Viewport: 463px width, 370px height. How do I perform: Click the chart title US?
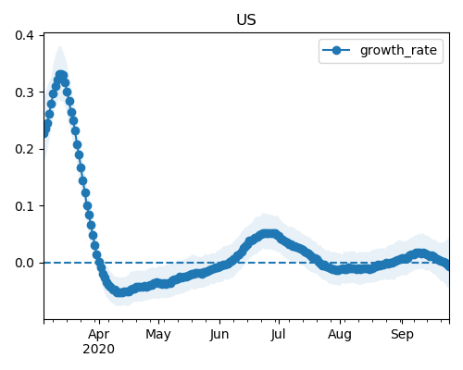pyautogui.click(x=246, y=19)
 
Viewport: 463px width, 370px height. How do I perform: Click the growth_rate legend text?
pyautogui.click(x=398, y=50)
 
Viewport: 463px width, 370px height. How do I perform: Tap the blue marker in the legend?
pyautogui.click(x=336, y=50)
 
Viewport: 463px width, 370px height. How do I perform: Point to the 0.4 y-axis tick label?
pyautogui.click(x=24, y=35)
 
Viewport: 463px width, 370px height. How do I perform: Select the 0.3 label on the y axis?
pyautogui.click(x=24, y=92)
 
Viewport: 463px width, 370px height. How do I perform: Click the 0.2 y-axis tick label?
pyautogui.click(x=24, y=149)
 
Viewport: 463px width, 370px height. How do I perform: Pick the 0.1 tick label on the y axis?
pyautogui.click(x=24, y=206)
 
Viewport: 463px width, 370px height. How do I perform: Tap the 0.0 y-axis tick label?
pyautogui.click(x=24, y=263)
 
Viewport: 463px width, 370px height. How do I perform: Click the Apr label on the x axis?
pyautogui.click(x=99, y=335)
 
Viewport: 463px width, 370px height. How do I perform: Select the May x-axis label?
pyautogui.click(x=158, y=335)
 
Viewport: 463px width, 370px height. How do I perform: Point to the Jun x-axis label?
pyautogui.click(x=219, y=335)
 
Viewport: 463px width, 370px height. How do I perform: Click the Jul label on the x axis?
pyautogui.click(x=279, y=334)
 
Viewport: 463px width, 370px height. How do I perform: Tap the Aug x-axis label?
pyautogui.click(x=340, y=335)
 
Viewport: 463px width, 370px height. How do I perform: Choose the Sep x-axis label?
pyautogui.click(x=402, y=335)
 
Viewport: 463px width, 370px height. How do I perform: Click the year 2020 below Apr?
pyautogui.click(x=98, y=350)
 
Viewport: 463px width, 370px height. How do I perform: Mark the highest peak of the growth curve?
pyautogui.click(x=61, y=75)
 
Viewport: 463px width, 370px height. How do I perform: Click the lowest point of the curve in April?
pyautogui.click(x=119, y=292)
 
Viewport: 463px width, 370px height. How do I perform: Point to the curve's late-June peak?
pyautogui.click(x=269, y=234)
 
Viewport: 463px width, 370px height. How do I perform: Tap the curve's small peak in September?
pyautogui.click(x=420, y=253)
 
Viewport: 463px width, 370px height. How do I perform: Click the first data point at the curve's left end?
pyautogui.click(x=44, y=133)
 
